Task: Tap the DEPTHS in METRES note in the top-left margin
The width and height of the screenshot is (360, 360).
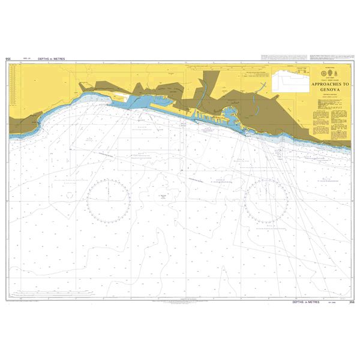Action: (x=51, y=59)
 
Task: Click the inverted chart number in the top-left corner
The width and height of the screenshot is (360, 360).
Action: (x=8, y=59)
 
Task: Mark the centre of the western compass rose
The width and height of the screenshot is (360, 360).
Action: (x=108, y=198)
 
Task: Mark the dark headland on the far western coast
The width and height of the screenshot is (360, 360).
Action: (x=27, y=123)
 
